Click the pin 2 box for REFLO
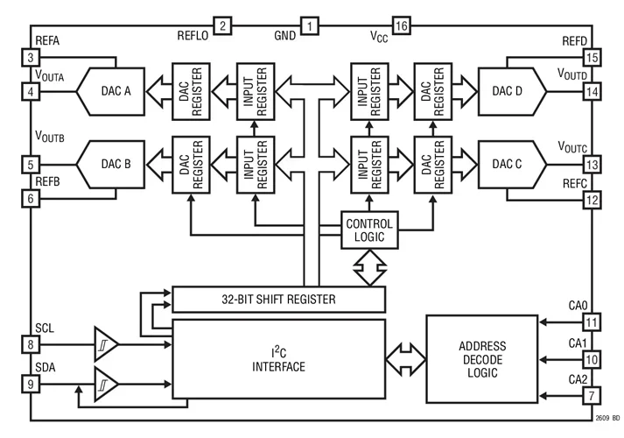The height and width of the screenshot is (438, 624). [223, 25]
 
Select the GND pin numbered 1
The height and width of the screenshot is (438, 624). [309, 25]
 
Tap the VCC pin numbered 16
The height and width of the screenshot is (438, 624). [402, 25]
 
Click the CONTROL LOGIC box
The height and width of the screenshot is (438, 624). [369, 230]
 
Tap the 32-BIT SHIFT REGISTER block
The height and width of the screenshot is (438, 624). [278, 300]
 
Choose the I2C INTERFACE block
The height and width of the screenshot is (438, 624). [278, 359]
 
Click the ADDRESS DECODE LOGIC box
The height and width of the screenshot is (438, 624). [480, 359]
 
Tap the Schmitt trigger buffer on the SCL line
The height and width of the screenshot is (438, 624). [104, 344]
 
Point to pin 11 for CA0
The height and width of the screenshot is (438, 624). [592, 321]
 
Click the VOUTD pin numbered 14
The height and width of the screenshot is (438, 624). [592, 91]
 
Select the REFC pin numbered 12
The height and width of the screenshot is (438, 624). [592, 201]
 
